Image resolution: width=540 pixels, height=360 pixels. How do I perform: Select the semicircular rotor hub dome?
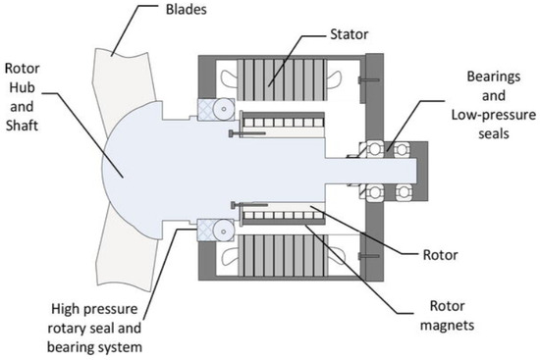pyautogui.click(x=137, y=168)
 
